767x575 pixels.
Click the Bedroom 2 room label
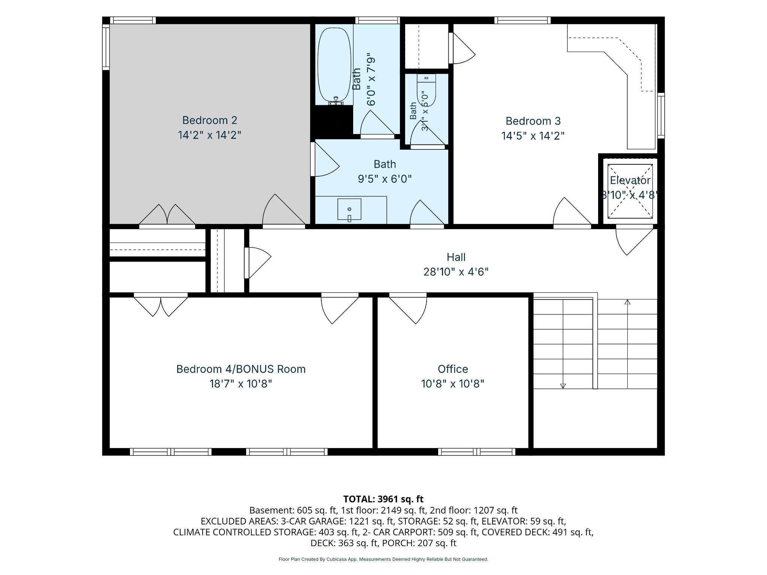pos(210,120)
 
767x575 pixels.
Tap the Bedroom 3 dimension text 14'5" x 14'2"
pos(533,136)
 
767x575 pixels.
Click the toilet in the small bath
pos(427,90)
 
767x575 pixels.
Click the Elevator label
pos(630,180)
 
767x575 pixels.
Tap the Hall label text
pos(456,257)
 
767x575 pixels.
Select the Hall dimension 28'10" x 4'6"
pos(456,271)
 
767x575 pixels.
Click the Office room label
pos(453,369)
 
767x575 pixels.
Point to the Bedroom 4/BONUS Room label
pos(241,369)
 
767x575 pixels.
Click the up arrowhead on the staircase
pos(627,302)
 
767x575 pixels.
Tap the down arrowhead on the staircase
pos(563,386)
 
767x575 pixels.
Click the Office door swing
pos(408,309)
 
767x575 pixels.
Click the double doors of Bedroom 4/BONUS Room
pos(161,305)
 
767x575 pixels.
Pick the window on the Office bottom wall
pos(476,452)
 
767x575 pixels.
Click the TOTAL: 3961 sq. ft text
pos(383,499)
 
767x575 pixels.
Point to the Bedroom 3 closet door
pos(462,48)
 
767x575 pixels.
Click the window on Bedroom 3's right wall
pos(661,116)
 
